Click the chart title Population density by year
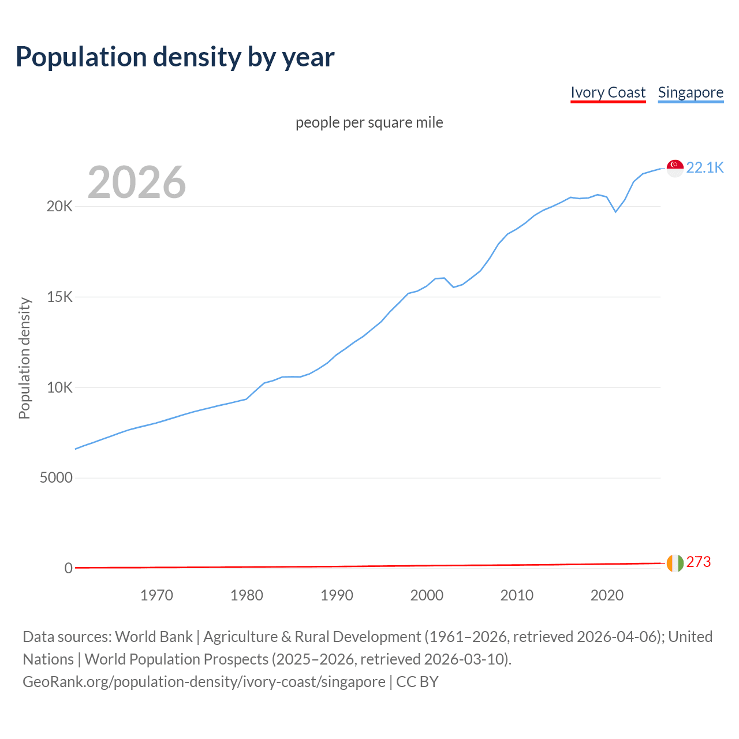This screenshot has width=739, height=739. [175, 57]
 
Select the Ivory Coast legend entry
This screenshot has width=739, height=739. [608, 92]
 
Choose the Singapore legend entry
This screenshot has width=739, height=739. [691, 92]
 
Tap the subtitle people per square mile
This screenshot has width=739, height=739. [369, 122]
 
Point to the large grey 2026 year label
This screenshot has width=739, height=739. [137, 182]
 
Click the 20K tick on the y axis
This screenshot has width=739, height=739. [59, 206]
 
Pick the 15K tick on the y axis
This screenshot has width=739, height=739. [59, 297]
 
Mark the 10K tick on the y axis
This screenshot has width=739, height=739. [59, 387]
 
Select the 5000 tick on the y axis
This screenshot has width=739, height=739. [56, 477]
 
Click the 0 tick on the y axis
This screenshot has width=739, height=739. [68, 568]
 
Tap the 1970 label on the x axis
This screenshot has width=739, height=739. [156, 595]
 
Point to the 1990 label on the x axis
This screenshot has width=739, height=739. [337, 595]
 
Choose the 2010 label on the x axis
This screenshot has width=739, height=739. [517, 595]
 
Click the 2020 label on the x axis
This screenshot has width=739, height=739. [607, 595]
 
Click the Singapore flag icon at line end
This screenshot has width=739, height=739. [675, 168]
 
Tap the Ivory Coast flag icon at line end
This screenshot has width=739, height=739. [675, 563]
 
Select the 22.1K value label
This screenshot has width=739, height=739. [705, 167]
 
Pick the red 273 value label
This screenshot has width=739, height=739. [699, 562]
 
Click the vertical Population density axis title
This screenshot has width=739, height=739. [24, 358]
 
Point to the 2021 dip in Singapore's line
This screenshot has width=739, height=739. [615, 211]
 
